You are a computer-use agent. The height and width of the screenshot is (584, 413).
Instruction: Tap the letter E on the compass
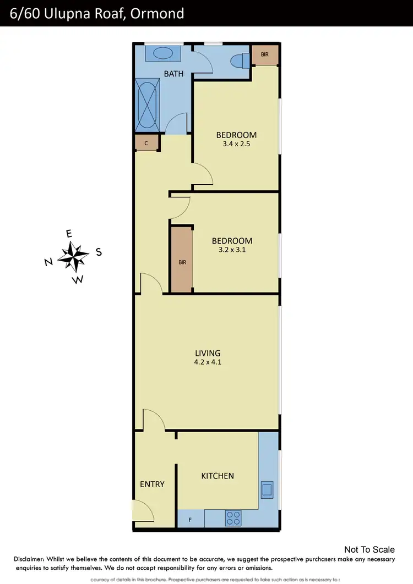(69, 234)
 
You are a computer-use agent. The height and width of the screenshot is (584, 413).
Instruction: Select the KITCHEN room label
(218, 476)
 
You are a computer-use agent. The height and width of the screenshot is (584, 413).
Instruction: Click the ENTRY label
(152, 484)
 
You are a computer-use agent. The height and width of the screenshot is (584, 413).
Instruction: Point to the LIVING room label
(208, 353)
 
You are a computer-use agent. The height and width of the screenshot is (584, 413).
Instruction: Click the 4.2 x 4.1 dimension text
(208, 362)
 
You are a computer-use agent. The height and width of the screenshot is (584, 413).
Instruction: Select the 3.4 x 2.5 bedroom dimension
(236, 144)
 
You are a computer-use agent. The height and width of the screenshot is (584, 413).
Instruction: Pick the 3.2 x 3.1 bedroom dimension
(232, 250)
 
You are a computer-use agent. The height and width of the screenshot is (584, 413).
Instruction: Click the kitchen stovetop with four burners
(233, 518)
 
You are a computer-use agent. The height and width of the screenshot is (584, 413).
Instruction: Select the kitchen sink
(267, 488)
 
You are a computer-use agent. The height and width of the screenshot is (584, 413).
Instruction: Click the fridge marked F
(191, 518)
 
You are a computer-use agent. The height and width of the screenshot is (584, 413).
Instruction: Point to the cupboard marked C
(146, 143)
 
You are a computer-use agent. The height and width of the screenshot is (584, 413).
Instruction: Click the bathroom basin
(162, 53)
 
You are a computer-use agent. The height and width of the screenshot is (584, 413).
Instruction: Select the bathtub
(147, 104)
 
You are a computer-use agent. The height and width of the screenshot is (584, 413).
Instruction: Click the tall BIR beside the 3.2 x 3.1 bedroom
(182, 260)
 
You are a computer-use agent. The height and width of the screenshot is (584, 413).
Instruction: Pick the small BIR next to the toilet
(265, 54)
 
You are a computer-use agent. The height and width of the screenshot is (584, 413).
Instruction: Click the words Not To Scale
(369, 549)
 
